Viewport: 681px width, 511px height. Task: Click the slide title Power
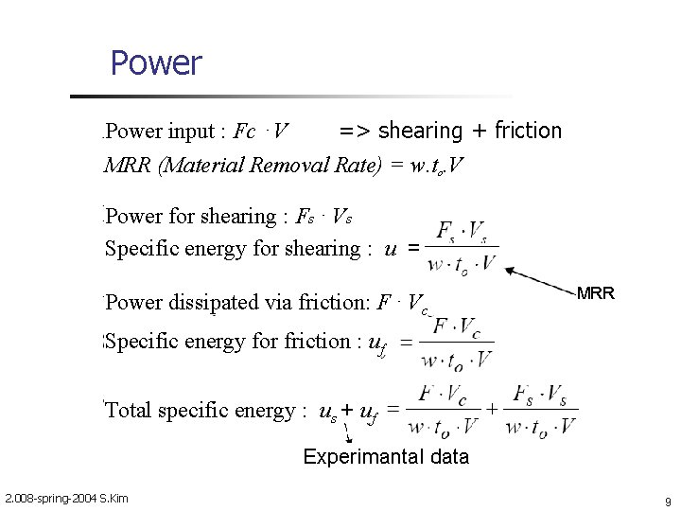click(x=156, y=63)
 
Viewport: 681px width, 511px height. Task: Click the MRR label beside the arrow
click(x=596, y=293)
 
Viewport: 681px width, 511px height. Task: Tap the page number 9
click(x=668, y=501)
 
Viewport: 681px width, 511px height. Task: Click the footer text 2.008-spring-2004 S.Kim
click(x=66, y=499)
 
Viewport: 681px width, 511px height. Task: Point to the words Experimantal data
click(x=386, y=457)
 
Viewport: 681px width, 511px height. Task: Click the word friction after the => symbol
click(x=526, y=131)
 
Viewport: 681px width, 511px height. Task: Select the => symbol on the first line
click(x=355, y=131)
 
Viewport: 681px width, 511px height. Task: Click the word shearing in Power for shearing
click(x=235, y=217)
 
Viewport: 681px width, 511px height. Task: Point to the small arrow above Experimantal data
click(x=348, y=434)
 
